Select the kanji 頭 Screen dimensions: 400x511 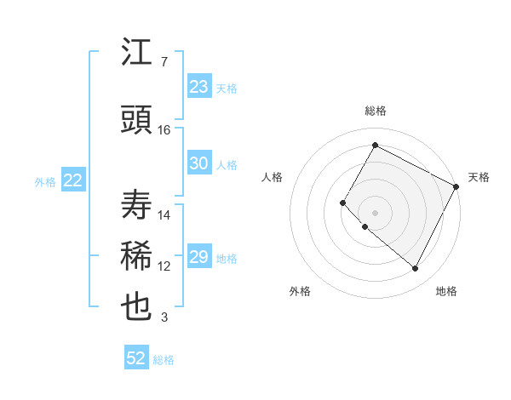coord(137,120)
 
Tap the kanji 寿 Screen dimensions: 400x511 coord(137,206)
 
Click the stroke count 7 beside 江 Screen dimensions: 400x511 coord(164,62)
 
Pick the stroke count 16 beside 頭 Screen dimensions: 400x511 coord(164,130)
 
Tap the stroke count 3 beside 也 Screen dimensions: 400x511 coord(164,318)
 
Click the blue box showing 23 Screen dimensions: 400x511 coord(198,86)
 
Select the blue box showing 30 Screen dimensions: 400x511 coord(198,163)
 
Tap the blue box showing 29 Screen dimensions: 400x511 coord(198,257)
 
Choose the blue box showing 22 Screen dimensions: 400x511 coord(72,180)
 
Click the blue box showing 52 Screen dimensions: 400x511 coord(136,358)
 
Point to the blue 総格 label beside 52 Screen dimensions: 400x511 coord(164,360)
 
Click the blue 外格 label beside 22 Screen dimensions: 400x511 coord(45,181)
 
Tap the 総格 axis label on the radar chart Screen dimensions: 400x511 coord(375,111)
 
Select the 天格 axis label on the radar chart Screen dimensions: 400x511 coord(479,177)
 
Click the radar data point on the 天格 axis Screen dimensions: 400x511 coord(456,186)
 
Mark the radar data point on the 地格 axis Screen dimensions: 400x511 coord(416,269)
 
